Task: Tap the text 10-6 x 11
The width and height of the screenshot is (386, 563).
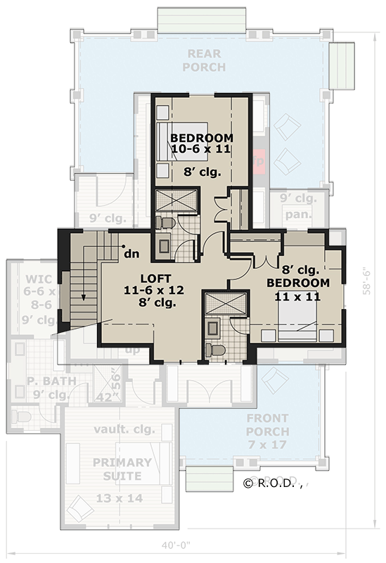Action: coord(200,149)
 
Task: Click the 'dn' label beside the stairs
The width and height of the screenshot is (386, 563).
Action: coord(130,253)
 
